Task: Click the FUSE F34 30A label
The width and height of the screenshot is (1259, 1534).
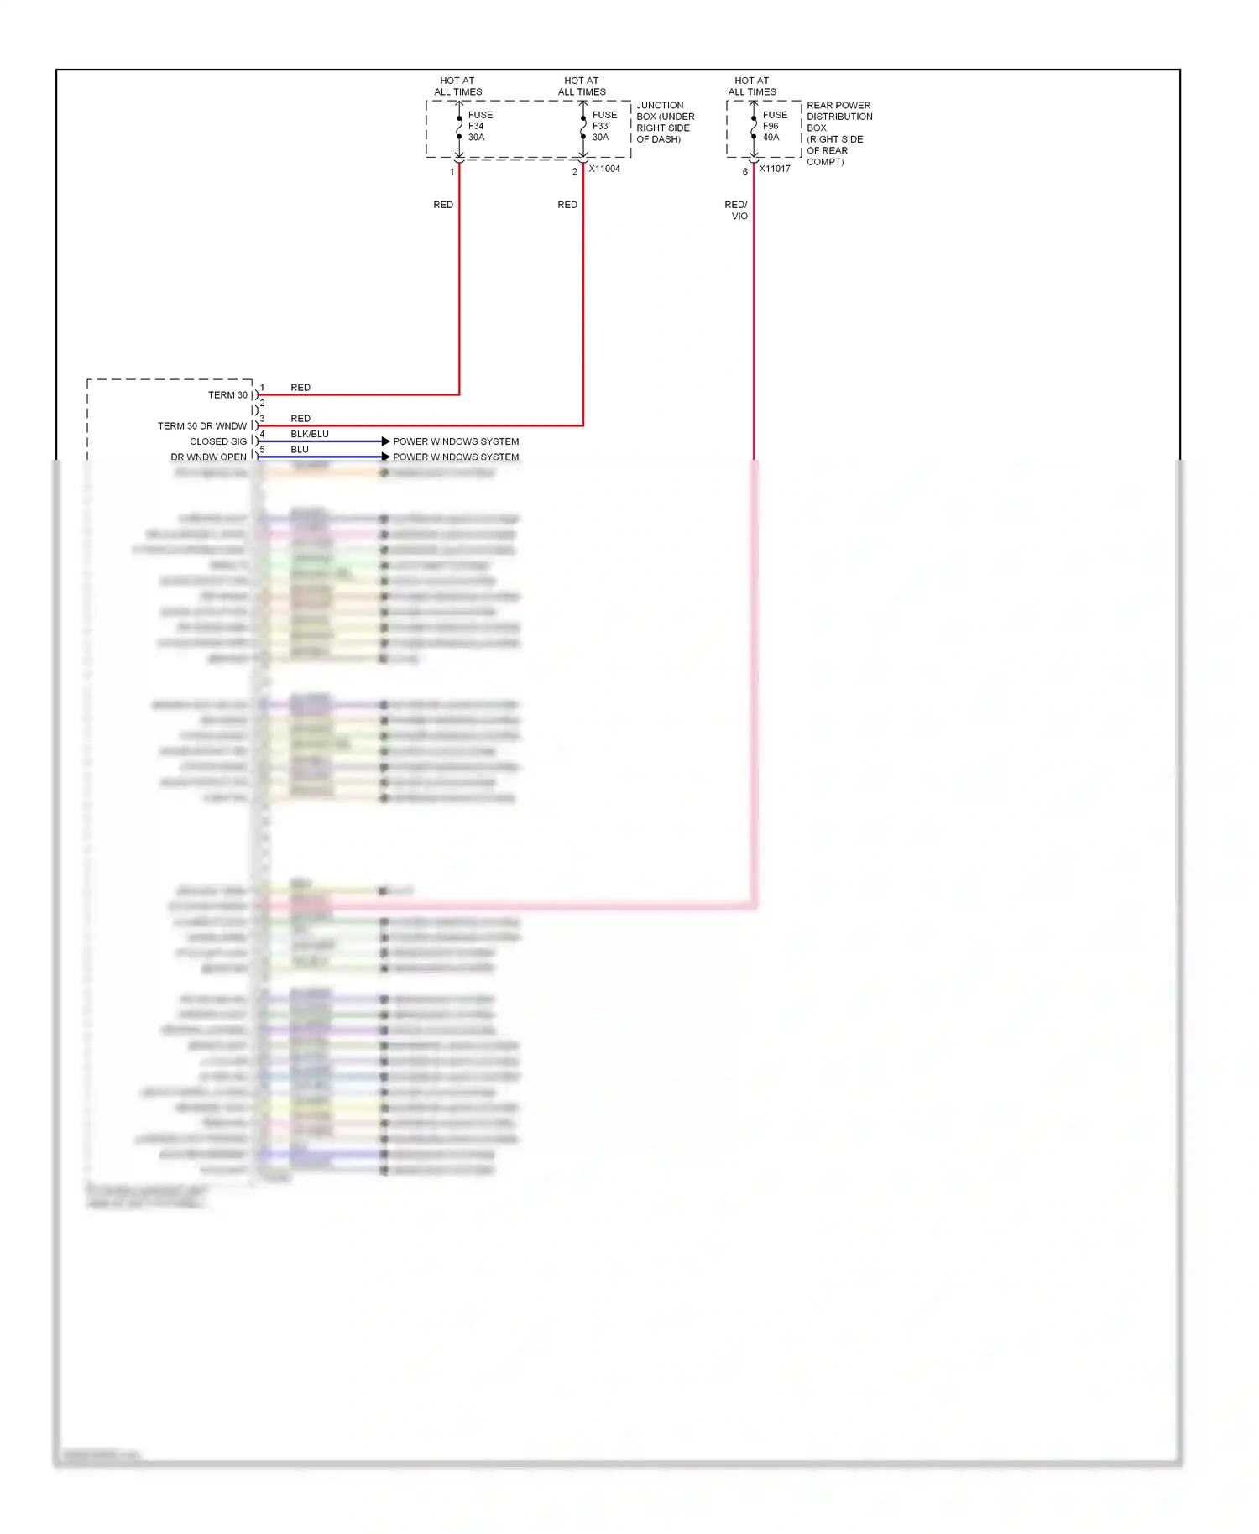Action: pos(479,126)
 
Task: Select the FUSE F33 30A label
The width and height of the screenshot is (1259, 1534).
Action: pos(603,126)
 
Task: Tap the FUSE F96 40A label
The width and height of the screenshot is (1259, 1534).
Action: pos(774,126)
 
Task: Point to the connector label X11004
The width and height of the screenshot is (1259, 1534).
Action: pos(604,169)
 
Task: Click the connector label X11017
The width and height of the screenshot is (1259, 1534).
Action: pos(775,169)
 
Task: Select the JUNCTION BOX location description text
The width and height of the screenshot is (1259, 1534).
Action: pos(665,123)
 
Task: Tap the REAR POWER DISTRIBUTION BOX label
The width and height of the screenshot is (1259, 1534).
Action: pos(838,133)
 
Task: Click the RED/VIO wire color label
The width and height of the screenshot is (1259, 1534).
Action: pos(736,210)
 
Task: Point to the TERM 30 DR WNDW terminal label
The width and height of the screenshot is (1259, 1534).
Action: pos(202,426)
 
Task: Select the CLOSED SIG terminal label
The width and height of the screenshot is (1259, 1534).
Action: pos(218,441)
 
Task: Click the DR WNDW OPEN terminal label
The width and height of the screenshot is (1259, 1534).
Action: pos(208,457)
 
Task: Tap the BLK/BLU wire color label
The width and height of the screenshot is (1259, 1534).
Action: pos(310,434)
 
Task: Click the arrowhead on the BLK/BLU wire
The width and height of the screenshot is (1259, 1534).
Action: pos(385,441)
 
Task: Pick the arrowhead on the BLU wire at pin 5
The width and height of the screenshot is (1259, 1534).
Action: pos(385,457)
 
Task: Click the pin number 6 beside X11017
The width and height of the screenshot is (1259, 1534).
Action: pos(744,172)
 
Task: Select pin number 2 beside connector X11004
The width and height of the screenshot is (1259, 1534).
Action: pos(575,172)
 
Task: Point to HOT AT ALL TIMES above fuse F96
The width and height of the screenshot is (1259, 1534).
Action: pos(752,86)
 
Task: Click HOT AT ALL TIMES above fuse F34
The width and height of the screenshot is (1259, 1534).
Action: pos(457,86)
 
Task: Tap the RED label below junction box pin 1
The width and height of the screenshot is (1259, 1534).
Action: pos(443,205)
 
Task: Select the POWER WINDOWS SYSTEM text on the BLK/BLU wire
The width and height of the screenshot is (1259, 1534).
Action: pos(456,441)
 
